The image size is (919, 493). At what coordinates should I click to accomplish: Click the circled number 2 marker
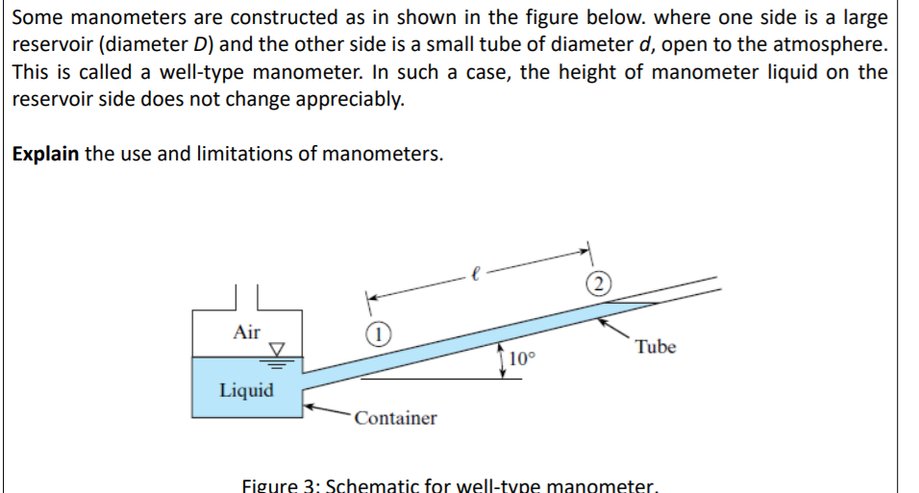pos(599,283)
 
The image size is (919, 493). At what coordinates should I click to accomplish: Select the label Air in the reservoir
pos(247,332)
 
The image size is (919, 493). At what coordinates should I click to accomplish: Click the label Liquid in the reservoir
pos(246,390)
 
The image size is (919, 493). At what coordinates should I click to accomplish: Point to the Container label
pos(394,418)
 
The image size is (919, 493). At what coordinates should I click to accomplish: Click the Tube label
pos(656,347)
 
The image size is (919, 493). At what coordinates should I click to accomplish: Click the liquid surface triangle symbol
pos(277,349)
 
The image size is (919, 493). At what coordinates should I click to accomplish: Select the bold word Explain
pos(45,154)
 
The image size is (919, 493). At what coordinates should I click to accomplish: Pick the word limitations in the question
pos(243,154)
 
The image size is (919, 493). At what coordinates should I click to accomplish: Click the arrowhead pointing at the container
pos(310,407)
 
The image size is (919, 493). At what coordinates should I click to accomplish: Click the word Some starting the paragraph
pos(39,18)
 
